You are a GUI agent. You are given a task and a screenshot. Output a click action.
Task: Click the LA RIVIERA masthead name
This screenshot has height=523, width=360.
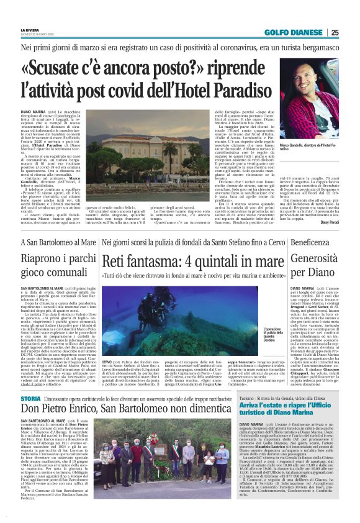[29, 29]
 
